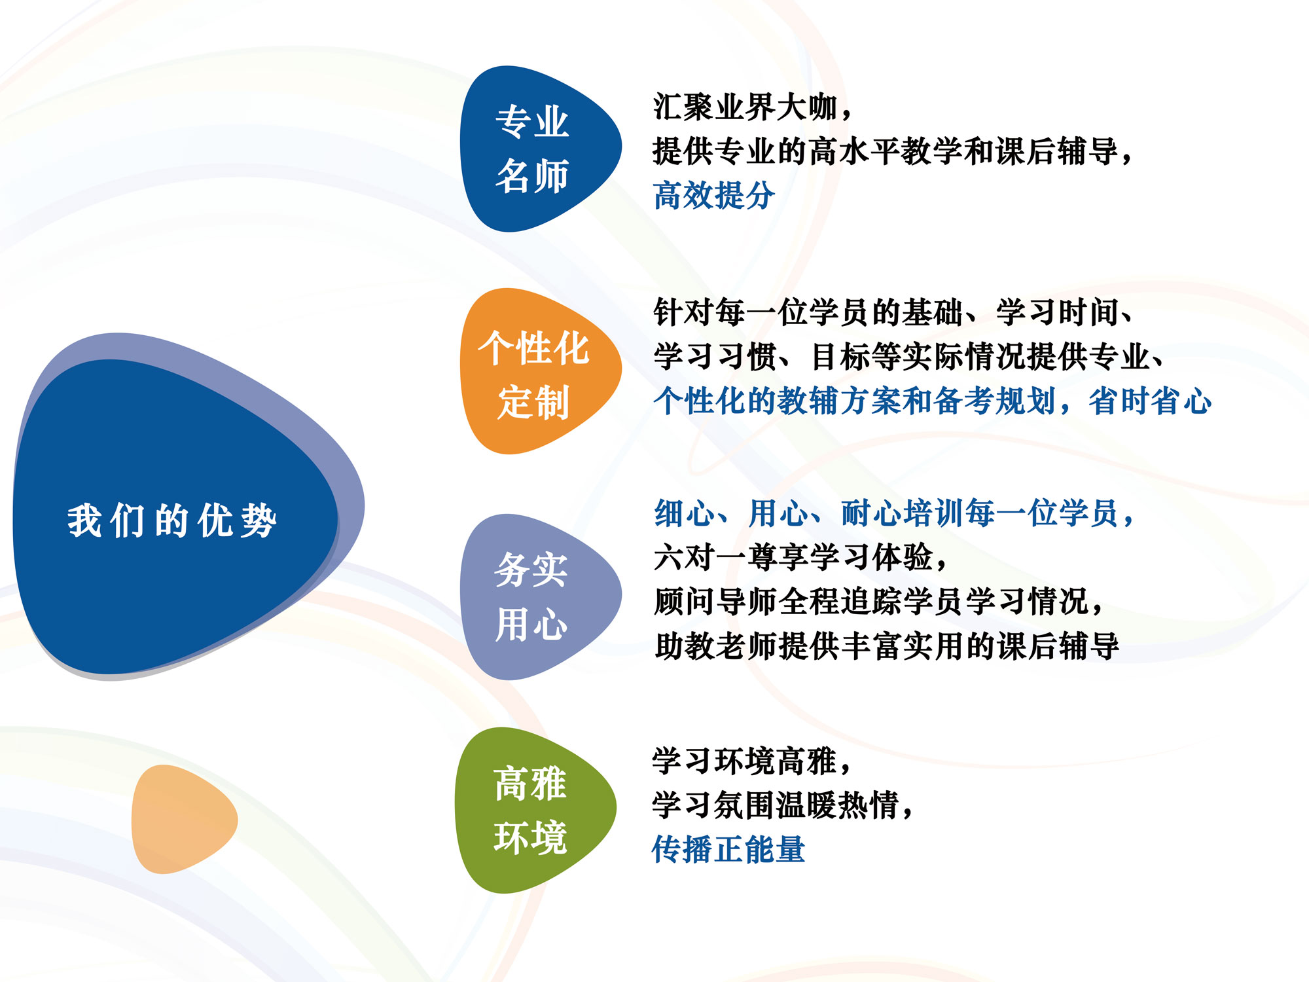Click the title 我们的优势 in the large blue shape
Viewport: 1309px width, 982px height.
point(172,520)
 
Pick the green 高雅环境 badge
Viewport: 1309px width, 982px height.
point(530,810)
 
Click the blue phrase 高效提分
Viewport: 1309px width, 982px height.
point(713,195)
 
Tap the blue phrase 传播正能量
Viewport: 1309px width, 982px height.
point(728,849)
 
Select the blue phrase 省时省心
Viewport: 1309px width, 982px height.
point(1150,401)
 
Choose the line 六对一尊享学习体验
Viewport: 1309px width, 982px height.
point(800,557)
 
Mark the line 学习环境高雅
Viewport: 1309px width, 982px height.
point(751,761)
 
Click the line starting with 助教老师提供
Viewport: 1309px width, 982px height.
point(886,646)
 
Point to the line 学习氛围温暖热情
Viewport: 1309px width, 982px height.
point(782,805)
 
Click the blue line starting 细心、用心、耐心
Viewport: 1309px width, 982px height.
point(893,513)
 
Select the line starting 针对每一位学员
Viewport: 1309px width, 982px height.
point(893,312)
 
